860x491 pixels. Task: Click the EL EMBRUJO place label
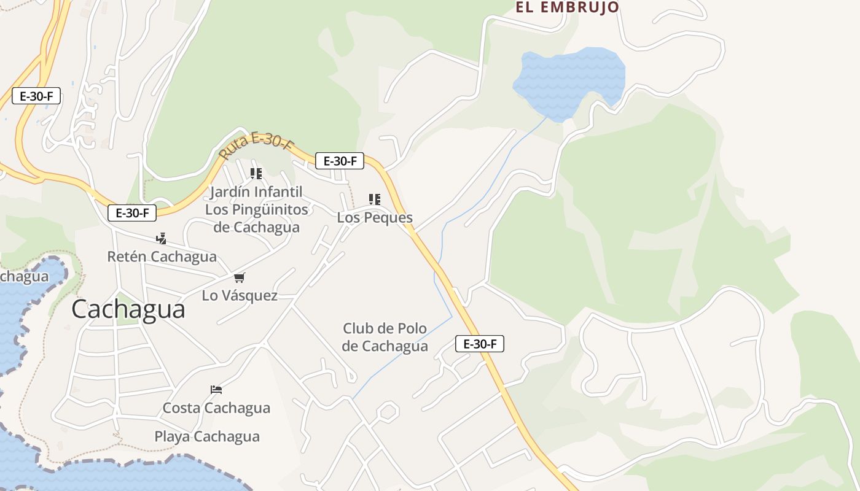coord(567,7)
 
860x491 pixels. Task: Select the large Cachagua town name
coord(128,309)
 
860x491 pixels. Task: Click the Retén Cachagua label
coord(162,257)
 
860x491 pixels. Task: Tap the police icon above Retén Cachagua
coord(162,238)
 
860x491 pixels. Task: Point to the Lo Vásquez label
coord(240,296)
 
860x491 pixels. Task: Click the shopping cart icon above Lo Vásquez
coord(240,278)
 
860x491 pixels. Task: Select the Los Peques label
coord(375,218)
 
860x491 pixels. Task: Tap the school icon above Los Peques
coord(375,199)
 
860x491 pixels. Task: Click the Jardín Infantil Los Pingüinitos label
coord(256,209)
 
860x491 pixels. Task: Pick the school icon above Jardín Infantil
coord(256,174)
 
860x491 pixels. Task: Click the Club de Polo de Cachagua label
coord(385,337)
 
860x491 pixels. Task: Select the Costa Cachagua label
coord(216,408)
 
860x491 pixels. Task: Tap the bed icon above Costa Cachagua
coord(216,390)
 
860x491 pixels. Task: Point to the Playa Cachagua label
coord(207,437)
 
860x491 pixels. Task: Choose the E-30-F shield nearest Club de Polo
coord(480,344)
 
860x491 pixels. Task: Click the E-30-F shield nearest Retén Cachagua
coord(132,213)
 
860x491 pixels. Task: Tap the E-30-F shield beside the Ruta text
coord(340,161)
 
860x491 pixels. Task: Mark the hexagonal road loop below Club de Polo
coord(387,411)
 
